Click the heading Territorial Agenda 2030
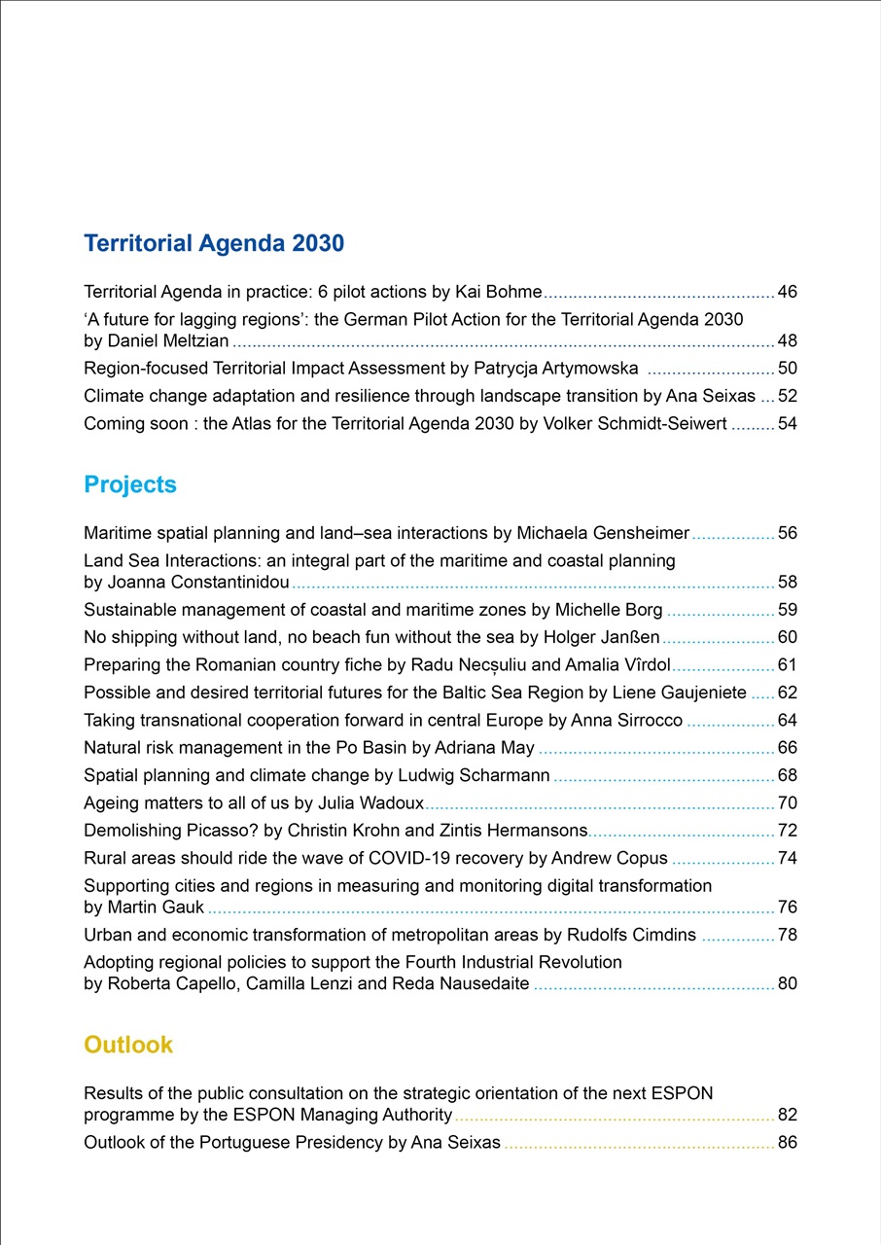pos(214,243)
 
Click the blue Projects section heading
pos(130,484)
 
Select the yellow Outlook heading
pos(128,1045)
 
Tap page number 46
pos(787,292)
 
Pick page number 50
pos(787,369)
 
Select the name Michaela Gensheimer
pos(602,533)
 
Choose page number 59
pos(787,610)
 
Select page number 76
pos(787,907)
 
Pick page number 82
pos(787,1115)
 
